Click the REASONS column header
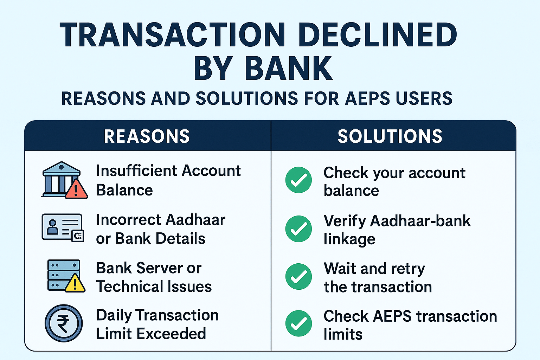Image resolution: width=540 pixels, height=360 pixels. (x=147, y=136)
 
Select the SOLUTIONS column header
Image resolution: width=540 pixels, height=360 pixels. (x=390, y=136)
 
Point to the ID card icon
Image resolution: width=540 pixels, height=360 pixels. (x=62, y=227)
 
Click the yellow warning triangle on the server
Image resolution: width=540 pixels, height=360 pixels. (x=75, y=283)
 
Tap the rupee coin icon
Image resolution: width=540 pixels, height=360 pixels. (x=64, y=323)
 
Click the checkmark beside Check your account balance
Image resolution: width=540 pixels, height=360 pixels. (x=298, y=180)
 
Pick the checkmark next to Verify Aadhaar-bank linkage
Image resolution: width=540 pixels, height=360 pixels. (x=298, y=229)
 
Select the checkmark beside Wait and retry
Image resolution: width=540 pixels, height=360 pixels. (x=298, y=276)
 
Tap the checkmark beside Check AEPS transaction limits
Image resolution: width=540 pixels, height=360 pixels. (x=298, y=323)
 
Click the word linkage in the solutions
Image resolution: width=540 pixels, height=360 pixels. (x=349, y=239)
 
